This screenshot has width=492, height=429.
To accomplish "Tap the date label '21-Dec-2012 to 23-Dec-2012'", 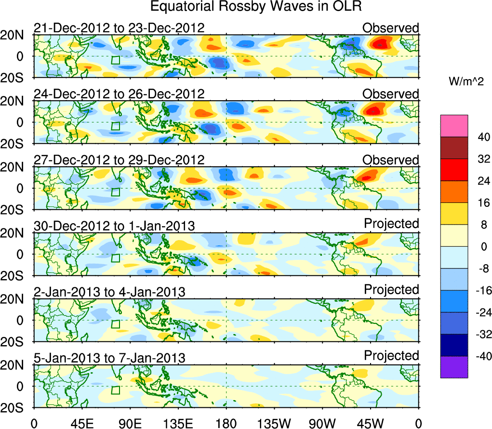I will pos(119,28).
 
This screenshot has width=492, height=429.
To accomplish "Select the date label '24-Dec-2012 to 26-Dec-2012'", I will pos(119,94).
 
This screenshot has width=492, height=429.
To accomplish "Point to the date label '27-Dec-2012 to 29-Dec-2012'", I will pos(119,160).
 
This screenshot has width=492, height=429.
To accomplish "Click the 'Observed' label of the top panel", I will pos(391,28).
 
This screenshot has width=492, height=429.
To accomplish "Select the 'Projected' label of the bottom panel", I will pos(391,356).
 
